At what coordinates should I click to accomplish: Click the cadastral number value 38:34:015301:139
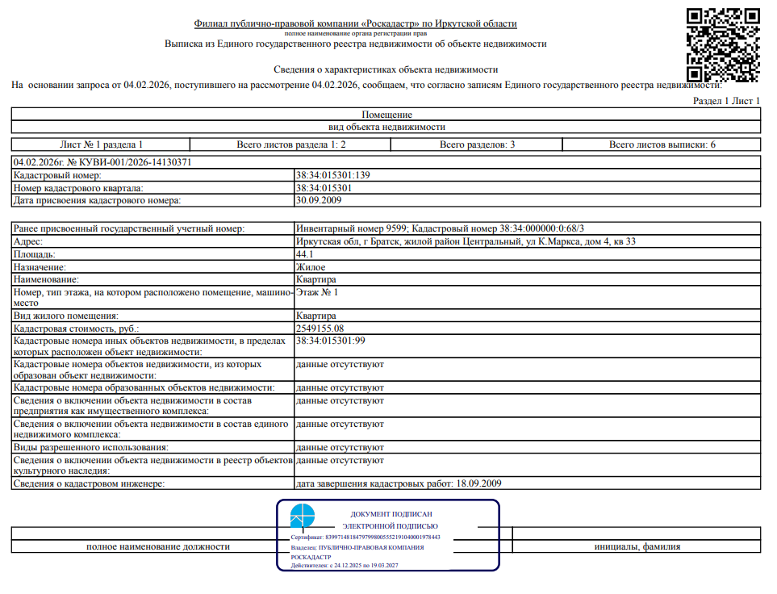(332, 175)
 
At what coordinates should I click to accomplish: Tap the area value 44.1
(305, 254)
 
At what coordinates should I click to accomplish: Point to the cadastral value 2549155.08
(320, 328)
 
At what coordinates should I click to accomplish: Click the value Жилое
(311, 266)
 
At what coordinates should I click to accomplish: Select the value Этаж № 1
(317, 291)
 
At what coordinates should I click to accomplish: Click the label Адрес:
(29, 242)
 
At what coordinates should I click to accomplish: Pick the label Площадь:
(35, 254)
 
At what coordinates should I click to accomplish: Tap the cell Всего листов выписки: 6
(662, 144)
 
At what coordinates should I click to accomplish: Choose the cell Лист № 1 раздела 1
(101, 144)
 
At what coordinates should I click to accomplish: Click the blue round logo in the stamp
(303, 517)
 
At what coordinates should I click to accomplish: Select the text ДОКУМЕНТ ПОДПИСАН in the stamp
(391, 514)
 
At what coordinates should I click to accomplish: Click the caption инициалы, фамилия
(637, 546)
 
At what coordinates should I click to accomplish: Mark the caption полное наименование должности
(158, 546)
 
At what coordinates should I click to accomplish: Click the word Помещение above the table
(387, 115)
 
